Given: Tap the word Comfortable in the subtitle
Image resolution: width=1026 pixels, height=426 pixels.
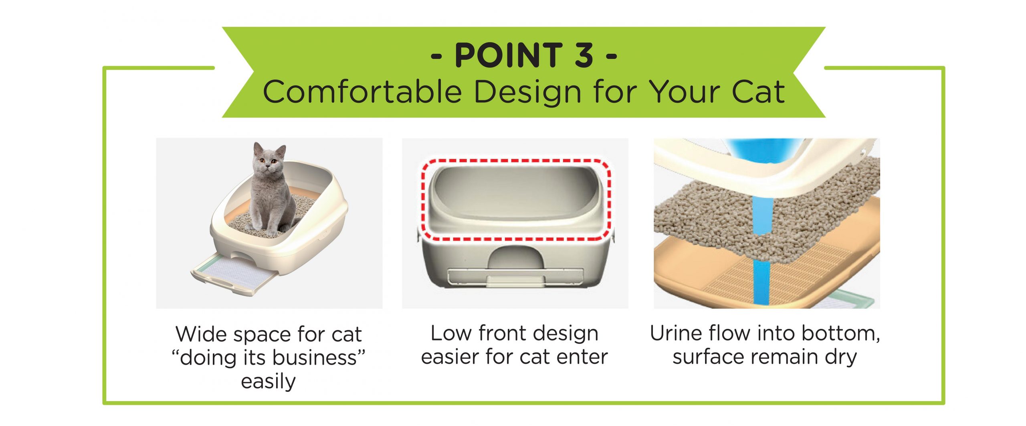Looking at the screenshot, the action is pos(362,92).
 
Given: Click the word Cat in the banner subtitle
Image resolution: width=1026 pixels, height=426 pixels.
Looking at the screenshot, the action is pos(758,92).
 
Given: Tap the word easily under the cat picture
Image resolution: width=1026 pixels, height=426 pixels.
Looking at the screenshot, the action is pos(268,381).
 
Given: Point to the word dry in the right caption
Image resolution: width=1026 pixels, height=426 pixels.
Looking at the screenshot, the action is pos(841,358).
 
